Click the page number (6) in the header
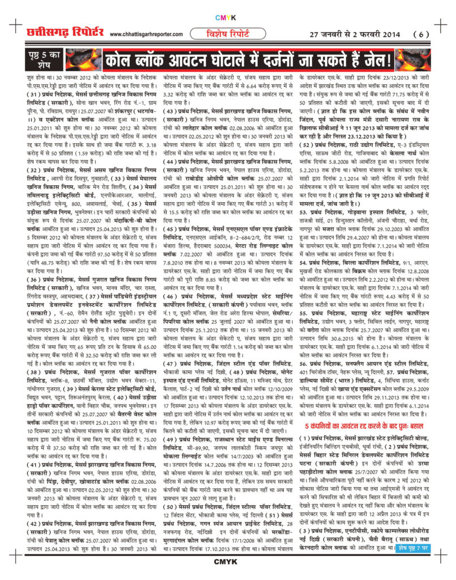click(x=421, y=35)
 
